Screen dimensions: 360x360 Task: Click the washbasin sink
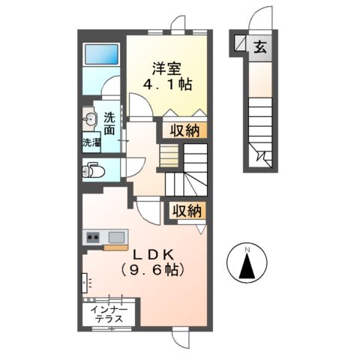click(90, 118)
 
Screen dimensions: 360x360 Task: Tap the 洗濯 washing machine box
click(91, 142)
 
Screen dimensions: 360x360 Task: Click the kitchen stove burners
click(93, 238)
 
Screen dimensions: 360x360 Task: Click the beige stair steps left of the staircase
click(168, 156)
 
